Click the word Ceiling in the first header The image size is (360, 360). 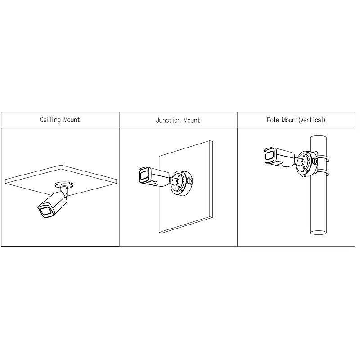pos(50,120)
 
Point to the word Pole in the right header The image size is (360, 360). pos(274,120)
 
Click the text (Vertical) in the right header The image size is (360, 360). pos(311,120)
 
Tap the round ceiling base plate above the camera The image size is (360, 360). pos(63,184)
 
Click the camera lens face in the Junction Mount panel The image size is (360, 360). pos(144,175)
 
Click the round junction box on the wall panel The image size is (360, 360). pos(180,182)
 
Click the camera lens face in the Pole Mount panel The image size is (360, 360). pos(269,156)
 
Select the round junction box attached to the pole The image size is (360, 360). pos(305,165)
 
